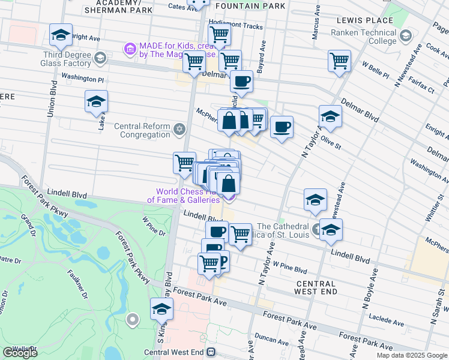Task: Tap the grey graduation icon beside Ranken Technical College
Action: (x=406, y=37)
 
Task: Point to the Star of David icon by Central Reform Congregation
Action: (x=179, y=130)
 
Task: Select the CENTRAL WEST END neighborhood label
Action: (x=315, y=287)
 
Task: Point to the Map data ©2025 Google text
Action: (x=412, y=355)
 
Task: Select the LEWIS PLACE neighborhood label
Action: (x=365, y=20)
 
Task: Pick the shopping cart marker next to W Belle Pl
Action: (x=339, y=61)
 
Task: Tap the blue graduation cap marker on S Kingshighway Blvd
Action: (x=161, y=309)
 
